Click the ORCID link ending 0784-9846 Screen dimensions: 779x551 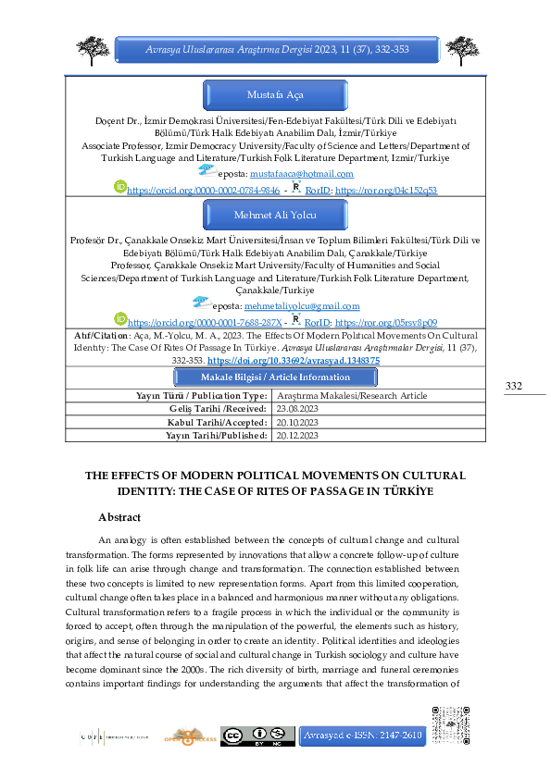click(x=203, y=189)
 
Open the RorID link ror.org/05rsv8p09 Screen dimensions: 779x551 click(x=385, y=295)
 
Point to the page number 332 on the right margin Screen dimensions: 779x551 click(x=514, y=411)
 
